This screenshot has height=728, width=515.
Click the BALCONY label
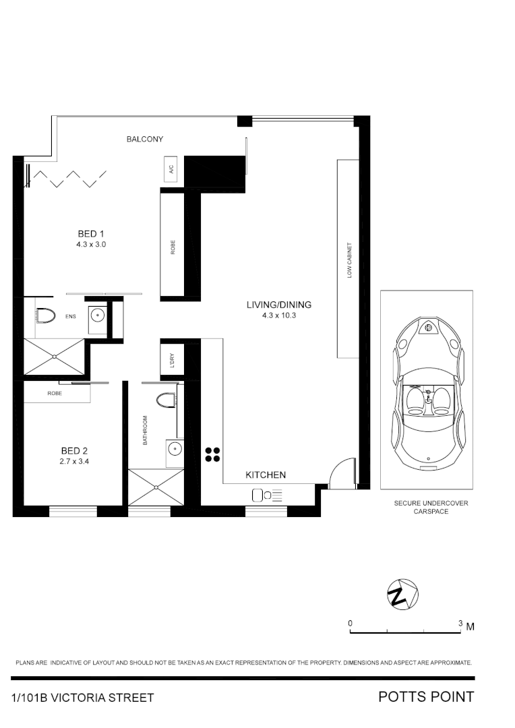145,140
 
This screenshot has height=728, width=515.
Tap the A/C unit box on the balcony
171,170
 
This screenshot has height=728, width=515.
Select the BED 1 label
91,234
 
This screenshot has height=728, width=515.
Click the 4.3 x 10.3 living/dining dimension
279,315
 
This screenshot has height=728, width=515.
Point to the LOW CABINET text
349,260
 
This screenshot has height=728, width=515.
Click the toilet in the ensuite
45,315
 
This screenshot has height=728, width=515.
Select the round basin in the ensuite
98,315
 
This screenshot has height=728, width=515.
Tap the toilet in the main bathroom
165,400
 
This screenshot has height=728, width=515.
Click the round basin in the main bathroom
175,448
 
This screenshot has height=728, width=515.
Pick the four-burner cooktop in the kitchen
212,455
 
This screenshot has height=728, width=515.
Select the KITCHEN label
266,475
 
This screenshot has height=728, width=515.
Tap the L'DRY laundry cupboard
171,359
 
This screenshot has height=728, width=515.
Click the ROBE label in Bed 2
55,393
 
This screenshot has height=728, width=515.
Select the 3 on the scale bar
460,624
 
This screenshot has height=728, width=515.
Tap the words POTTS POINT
426,696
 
